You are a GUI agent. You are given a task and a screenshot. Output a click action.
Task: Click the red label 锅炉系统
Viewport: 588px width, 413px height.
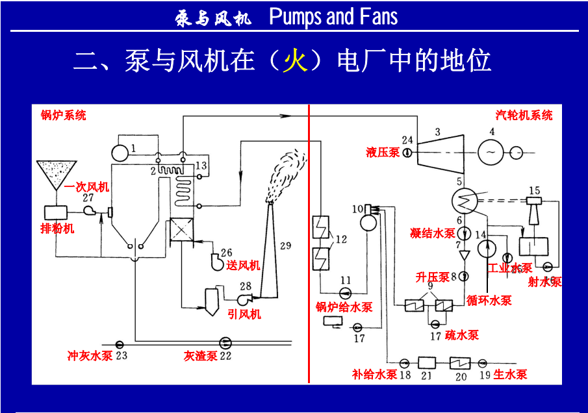[63, 116]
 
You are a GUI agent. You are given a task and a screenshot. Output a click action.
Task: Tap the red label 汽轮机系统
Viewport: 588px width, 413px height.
[524, 115]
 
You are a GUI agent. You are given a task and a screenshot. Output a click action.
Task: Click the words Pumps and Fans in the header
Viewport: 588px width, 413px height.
[333, 16]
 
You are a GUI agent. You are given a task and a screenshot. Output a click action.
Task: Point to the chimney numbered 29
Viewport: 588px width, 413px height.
[272, 253]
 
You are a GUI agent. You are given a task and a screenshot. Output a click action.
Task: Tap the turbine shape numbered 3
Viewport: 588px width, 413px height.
[439, 151]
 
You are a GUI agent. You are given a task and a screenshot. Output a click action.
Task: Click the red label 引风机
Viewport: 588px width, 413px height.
[244, 314]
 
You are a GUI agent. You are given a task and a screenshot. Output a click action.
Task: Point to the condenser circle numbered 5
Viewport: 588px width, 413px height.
[465, 201]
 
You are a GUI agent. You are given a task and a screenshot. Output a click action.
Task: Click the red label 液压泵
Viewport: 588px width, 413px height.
[383, 153]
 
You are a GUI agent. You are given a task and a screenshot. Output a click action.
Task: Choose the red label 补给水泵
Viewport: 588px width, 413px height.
[374, 374]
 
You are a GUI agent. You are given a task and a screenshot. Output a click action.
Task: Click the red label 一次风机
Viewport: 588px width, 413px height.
[86, 187]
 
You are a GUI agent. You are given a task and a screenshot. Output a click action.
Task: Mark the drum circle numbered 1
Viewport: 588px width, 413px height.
[120, 153]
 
